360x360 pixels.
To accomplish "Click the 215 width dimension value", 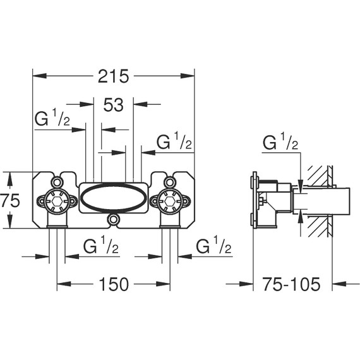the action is tap(113, 76).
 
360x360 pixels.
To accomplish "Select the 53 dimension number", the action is tap(114, 105).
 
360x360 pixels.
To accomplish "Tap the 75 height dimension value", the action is tap(10, 200).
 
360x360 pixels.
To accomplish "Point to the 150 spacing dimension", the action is tap(114, 284).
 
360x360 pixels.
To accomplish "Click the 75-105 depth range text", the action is tap(291, 284).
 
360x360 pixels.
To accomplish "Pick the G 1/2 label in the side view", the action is tap(280, 141).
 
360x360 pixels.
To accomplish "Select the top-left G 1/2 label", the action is tap(52, 117).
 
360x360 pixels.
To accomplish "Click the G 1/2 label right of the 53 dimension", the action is tap(174, 140).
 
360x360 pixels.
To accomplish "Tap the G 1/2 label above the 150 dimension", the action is tap(101, 245).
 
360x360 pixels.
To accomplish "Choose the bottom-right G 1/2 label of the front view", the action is tap(213, 245).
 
